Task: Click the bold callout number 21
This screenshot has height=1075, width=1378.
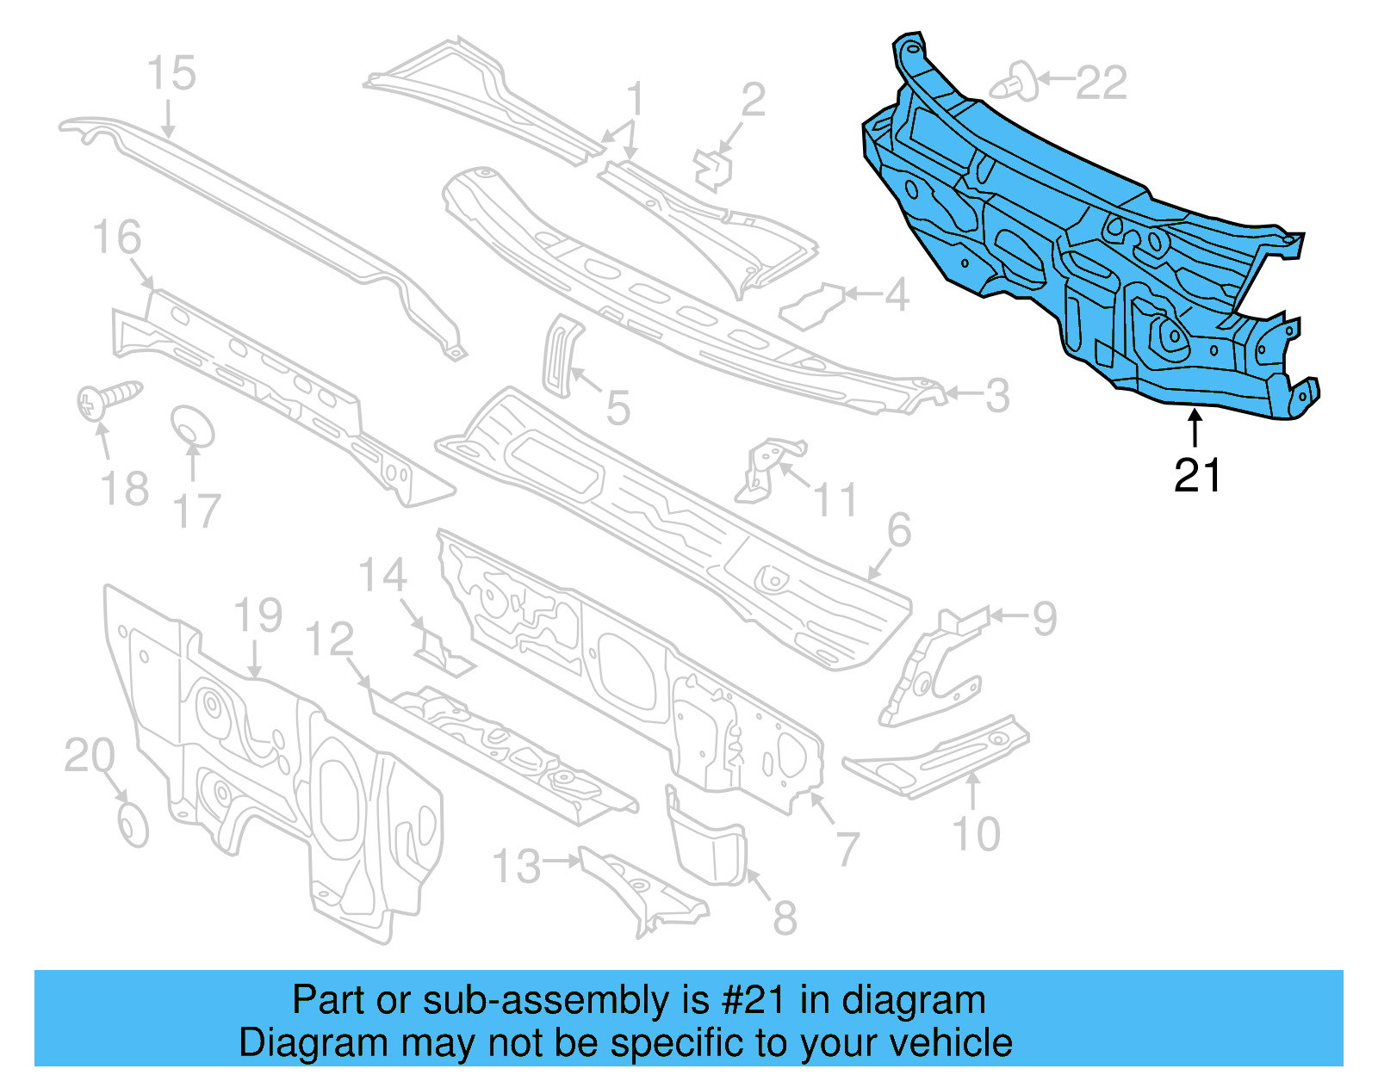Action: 1197,475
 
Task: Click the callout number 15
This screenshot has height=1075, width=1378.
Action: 171,73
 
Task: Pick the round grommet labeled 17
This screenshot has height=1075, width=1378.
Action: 191,426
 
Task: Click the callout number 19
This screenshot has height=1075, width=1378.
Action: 258,616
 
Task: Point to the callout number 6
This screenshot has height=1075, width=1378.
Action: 898,530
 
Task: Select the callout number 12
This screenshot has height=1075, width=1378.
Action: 330,640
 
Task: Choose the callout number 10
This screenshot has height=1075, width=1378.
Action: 976,833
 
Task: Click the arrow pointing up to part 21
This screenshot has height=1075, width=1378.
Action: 1195,428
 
